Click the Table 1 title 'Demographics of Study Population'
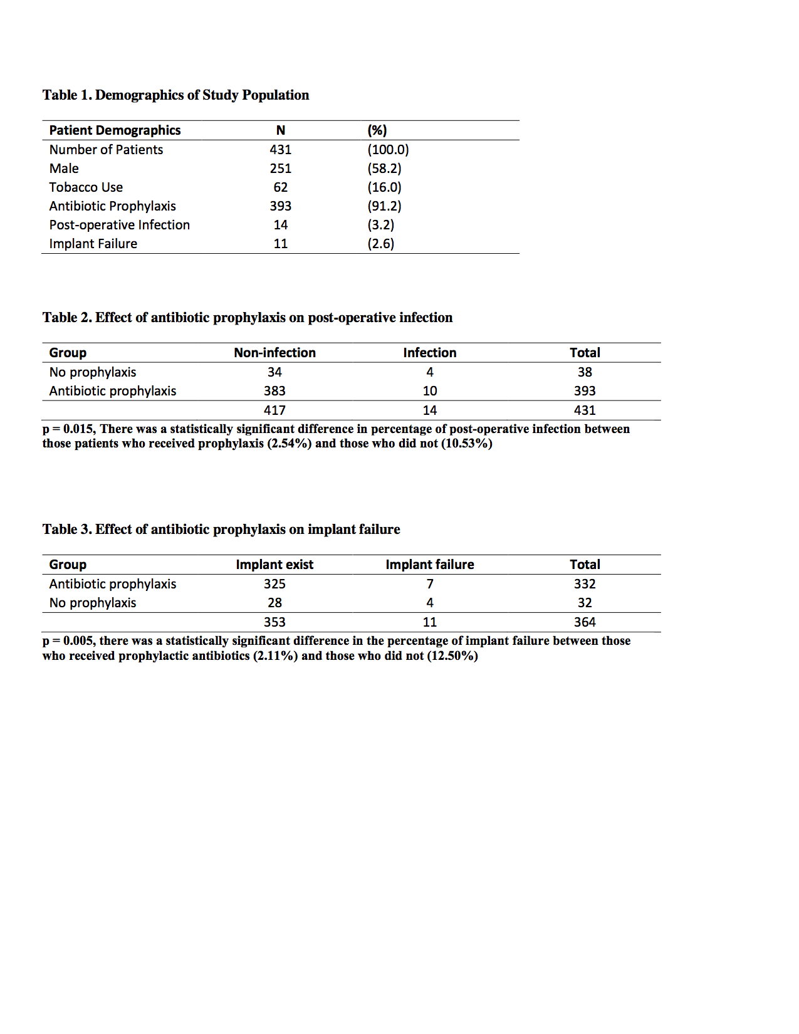pyautogui.click(x=202, y=95)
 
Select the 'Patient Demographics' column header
pyautogui.click(x=115, y=130)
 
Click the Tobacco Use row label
pyautogui.click(x=86, y=187)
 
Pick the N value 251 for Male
pyautogui.click(x=280, y=169)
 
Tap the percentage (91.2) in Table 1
pyautogui.click(x=384, y=206)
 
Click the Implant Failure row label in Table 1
pyautogui.click(x=93, y=244)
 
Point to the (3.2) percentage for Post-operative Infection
pyautogui.click(x=380, y=225)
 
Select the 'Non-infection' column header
pyautogui.click(x=274, y=353)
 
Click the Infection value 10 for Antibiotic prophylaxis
pyautogui.click(x=429, y=391)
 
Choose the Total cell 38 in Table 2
pyautogui.click(x=584, y=372)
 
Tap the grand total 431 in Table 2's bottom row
pyautogui.click(x=584, y=410)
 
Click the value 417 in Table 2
pyautogui.click(x=274, y=410)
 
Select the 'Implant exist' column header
pyautogui.click(x=274, y=565)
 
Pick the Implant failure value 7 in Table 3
pyautogui.click(x=429, y=584)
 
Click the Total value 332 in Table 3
pyautogui.click(x=584, y=584)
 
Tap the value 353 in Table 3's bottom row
pyautogui.click(x=274, y=622)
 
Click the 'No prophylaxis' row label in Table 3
pyautogui.click(x=93, y=603)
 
